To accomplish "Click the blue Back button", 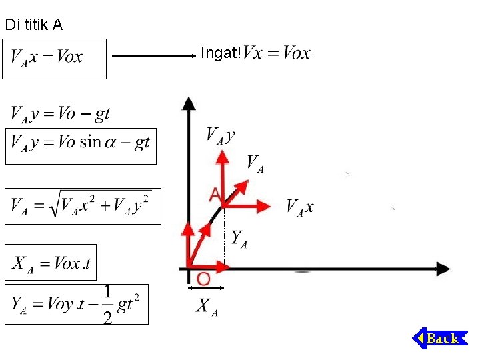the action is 440,339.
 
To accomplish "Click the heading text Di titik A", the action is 33,25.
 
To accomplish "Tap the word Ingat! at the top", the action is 220,53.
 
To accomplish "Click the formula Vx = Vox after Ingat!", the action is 277,53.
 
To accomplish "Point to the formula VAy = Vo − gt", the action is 60,114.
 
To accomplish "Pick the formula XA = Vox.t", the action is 54,263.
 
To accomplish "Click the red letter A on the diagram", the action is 215,194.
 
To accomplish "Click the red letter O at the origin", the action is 203,278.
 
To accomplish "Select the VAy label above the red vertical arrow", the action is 220,135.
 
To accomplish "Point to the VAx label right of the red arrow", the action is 299,207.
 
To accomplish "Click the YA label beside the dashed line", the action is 239,238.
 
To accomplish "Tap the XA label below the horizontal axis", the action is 207,307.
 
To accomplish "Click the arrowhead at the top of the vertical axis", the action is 189,103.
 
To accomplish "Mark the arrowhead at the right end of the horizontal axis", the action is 443,269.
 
